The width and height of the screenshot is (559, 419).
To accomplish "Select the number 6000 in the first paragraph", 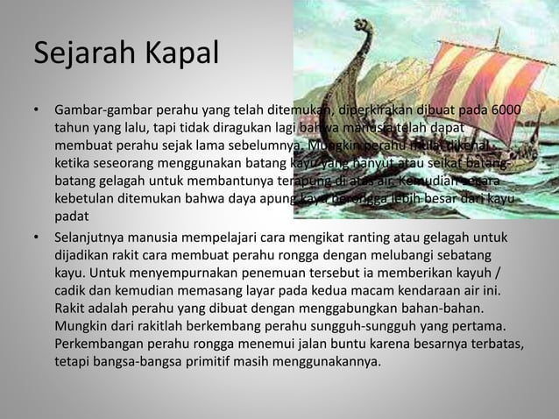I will coord(504,112).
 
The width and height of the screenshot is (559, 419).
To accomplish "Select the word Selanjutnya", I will coord(93,238).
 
